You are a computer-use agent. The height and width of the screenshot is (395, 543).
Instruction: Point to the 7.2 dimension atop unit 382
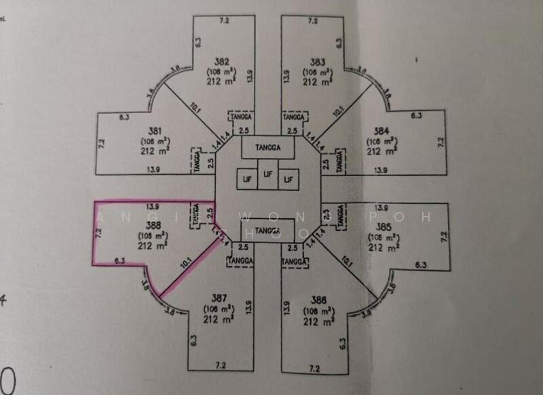pyautogui.click(x=224, y=21)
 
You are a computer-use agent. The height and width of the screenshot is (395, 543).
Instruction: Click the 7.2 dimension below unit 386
pyautogui.click(x=314, y=369)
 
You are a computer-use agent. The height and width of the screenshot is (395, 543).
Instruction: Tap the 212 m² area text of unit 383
pyautogui.click(x=318, y=81)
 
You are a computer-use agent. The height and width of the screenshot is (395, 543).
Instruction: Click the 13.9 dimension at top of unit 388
pyautogui.click(x=153, y=206)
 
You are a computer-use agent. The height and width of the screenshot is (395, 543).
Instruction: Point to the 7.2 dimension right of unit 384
pyautogui.click(x=440, y=142)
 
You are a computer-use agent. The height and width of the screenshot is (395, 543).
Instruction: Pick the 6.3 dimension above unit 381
pyautogui.click(x=124, y=117)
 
